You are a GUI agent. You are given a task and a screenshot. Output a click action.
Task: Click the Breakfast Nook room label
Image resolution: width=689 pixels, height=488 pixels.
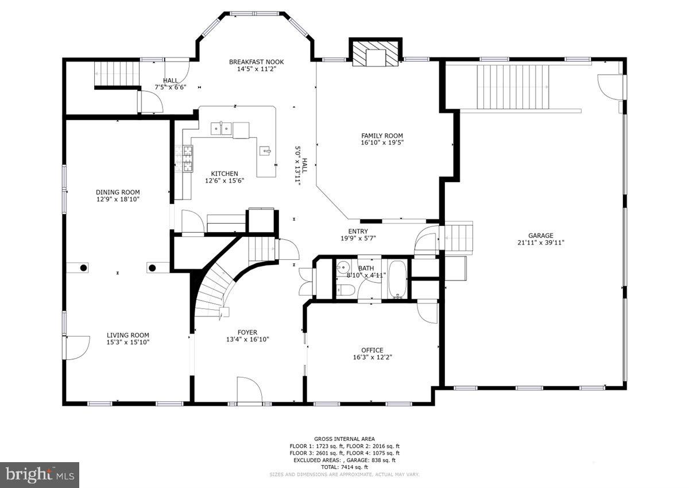pyautogui.click(x=256, y=62)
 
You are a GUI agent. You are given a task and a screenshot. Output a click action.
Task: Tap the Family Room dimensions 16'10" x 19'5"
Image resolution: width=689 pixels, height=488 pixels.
pyautogui.click(x=382, y=143)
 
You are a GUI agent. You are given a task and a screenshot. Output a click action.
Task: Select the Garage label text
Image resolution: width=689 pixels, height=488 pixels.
pyautogui.click(x=541, y=235)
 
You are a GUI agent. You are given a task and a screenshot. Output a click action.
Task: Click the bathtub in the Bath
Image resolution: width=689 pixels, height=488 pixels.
pyautogui.click(x=398, y=279)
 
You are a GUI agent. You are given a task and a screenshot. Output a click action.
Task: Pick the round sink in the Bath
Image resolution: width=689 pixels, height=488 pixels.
pyautogui.click(x=343, y=268)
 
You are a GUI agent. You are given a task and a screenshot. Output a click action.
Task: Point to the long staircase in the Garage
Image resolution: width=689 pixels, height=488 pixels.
pyautogui.click(x=513, y=87)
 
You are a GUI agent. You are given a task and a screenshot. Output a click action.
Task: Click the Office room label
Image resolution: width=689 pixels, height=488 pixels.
pyautogui.click(x=372, y=350)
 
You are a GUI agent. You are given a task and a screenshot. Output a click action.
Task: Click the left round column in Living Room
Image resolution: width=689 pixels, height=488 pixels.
pyautogui.click(x=83, y=268)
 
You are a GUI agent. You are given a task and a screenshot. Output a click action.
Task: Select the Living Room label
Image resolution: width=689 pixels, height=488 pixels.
pyautogui.click(x=127, y=335)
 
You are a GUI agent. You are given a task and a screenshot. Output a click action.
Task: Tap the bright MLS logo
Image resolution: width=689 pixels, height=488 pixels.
pyautogui.click(x=39, y=475)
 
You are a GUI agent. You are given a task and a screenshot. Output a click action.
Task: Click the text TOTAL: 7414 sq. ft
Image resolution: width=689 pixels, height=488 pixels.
pyautogui.click(x=344, y=467)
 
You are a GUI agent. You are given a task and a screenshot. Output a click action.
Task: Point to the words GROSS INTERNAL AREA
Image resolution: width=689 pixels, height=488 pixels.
pyautogui.click(x=344, y=438)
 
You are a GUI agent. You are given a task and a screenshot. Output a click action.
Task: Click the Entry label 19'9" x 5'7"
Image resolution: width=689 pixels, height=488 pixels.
pyautogui.click(x=358, y=235)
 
